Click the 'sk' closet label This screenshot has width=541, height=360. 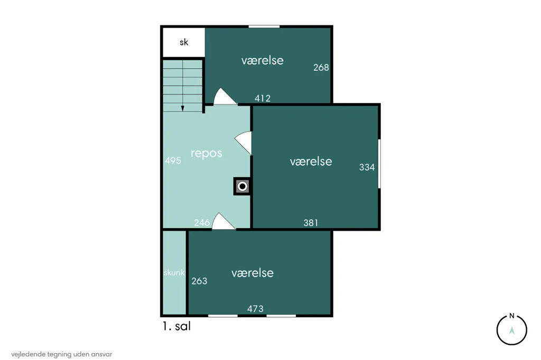[184, 42]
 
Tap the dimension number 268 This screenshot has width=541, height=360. [321, 68]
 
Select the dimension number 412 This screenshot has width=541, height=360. [262, 98]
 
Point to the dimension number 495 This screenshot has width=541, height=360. [173, 160]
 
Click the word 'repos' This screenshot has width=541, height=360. [207, 153]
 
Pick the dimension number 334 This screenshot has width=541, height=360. [367, 167]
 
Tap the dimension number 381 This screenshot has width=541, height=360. [311, 223]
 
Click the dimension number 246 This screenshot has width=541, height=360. [202, 222]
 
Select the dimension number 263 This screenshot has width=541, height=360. [199, 281]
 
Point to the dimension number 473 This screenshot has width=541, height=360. [255, 309]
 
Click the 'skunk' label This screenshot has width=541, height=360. [174, 272]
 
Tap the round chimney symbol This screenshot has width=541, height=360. [242, 186]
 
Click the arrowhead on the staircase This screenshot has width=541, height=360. [182, 109]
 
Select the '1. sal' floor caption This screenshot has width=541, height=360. [176, 326]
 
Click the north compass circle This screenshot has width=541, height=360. [511, 330]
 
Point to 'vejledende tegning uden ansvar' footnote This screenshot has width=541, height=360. [62, 354]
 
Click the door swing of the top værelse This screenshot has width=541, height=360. [224, 97]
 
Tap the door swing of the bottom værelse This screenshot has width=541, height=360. [223, 222]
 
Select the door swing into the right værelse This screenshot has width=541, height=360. [244, 143]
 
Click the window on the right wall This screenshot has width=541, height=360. [379, 164]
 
